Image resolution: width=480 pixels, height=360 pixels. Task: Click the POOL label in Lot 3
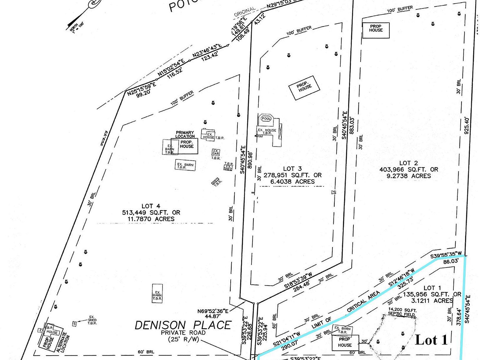click(x=266, y=118)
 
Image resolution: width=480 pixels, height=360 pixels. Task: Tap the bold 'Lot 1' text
click(x=432, y=340)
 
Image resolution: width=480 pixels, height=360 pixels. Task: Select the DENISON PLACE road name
click(x=183, y=325)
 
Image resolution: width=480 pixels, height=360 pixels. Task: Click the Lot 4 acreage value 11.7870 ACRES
click(x=151, y=219)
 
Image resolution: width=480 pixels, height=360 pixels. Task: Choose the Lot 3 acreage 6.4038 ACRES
click(x=292, y=182)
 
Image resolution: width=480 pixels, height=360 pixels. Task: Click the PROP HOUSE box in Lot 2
click(x=376, y=30)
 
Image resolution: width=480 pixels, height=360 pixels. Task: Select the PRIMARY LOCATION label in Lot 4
click(x=185, y=134)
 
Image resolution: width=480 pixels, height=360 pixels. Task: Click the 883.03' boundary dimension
click(x=352, y=125)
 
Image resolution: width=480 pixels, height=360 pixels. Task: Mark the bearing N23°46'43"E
click(x=207, y=50)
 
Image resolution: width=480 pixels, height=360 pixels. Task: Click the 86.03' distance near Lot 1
click(x=451, y=261)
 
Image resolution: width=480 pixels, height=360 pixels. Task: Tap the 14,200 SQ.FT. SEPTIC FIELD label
click(x=402, y=312)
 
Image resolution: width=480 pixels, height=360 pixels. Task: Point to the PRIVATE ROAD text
click(x=183, y=333)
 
